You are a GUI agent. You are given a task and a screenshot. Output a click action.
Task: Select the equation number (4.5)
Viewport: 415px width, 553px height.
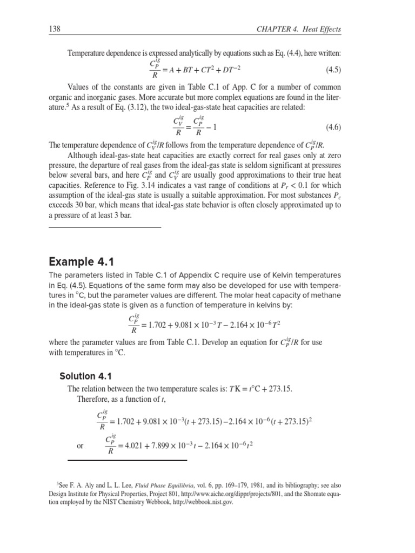tap(338, 70)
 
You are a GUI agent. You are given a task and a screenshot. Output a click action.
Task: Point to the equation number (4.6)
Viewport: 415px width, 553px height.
tap(338, 127)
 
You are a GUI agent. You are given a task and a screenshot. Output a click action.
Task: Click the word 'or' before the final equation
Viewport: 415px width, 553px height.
tap(81, 446)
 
